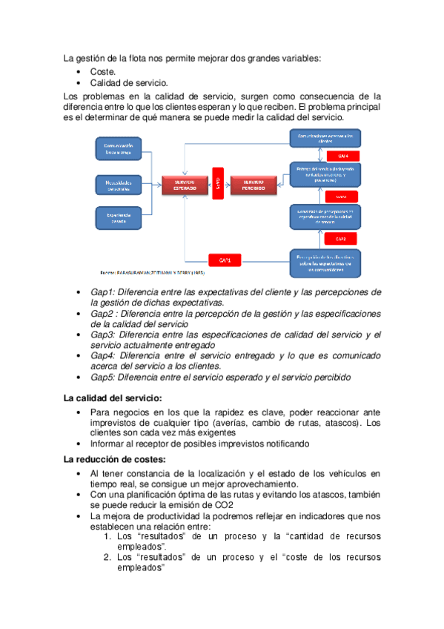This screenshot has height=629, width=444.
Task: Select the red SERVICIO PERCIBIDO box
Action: (252, 185)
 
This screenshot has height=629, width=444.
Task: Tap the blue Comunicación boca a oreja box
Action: (118, 149)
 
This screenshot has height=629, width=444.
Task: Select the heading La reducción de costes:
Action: (115, 459)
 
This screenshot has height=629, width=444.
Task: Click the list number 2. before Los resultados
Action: (108, 556)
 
